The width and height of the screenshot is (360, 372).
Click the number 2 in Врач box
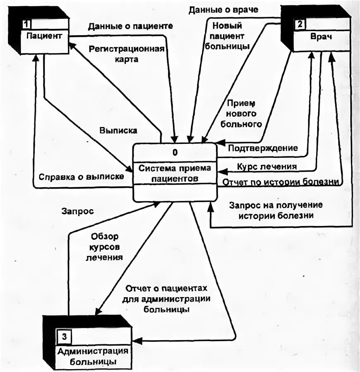point(298,24)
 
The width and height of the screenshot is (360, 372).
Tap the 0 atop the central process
point(175,153)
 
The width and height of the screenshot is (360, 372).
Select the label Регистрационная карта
point(127,54)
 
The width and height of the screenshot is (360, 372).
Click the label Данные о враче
point(223,10)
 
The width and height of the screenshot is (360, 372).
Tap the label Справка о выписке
point(82,176)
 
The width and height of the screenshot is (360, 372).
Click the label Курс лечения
point(266,167)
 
